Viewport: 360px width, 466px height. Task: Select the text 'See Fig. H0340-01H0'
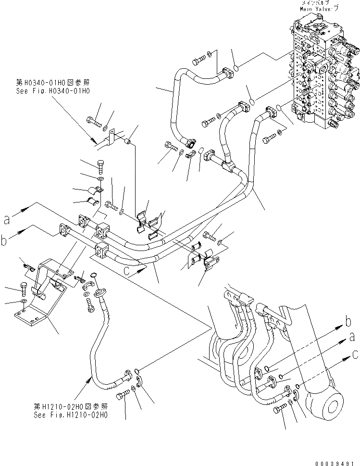52,90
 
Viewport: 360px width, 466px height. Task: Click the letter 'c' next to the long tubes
127,270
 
